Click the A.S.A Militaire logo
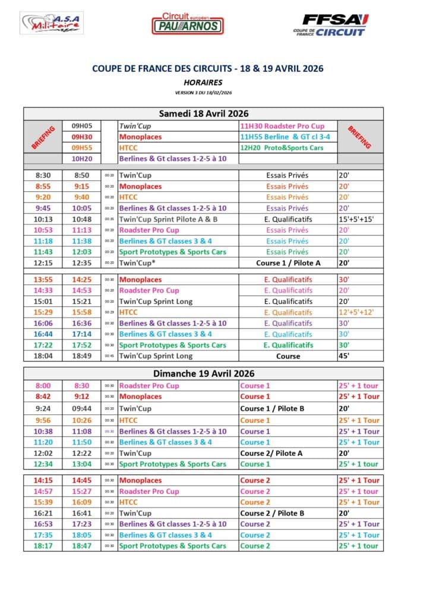(x=52, y=23)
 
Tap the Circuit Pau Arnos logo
(x=187, y=24)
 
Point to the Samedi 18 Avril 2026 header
(x=204, y=113)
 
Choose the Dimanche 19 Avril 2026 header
(x=204, y=373)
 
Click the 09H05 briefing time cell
(x=82, y=126)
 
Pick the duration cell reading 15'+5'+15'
(x=356, y=219)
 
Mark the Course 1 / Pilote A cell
(x=288, y=262)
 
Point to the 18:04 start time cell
(x=43, y=356)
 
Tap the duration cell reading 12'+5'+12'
(x=356, y=312)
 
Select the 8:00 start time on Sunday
(x=43, y=385)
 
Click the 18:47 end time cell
(x=82, y=546)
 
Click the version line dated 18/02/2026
(x=204, y=93)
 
